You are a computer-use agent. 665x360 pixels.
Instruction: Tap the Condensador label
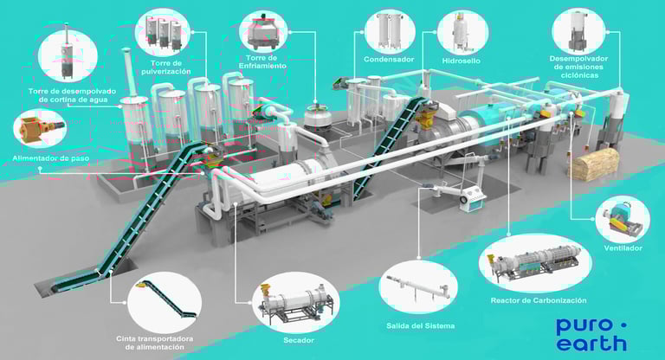click(390, 60)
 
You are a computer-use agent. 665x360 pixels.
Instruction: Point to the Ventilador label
click(623, 248)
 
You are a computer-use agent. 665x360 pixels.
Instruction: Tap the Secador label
click(297, 340)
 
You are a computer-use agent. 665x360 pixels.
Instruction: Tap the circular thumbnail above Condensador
click(390, 29)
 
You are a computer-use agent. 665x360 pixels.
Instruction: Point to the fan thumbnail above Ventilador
click(623, 218)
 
